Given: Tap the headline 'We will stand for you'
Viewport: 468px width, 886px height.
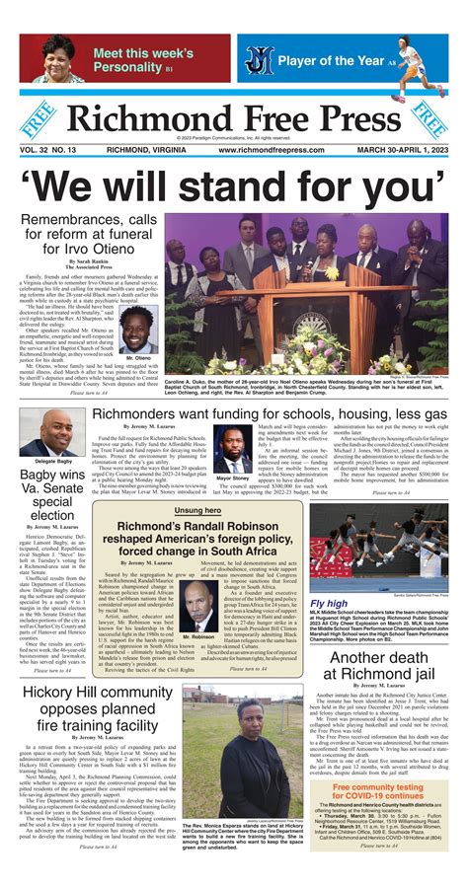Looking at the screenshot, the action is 233,185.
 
